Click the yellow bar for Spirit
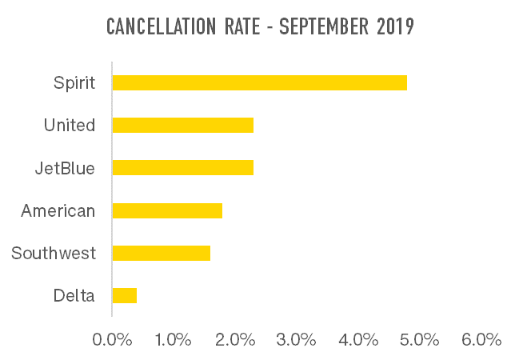259,82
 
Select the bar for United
182,125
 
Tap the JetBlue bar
182,168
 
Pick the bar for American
167,210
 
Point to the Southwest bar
161,253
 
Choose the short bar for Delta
124,295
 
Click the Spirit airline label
74,82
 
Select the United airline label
70,126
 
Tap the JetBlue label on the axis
65,168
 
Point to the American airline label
58,211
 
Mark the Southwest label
54,254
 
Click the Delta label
74,296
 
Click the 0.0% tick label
112,339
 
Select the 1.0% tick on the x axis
174,339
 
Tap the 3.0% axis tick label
297,339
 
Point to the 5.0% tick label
420,339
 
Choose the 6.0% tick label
481,339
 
